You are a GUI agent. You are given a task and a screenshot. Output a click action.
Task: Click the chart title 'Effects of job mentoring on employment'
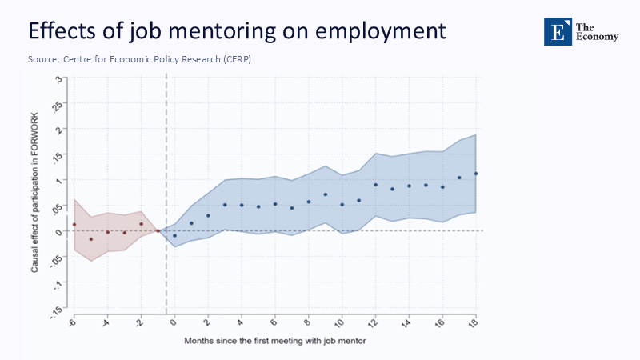pos(236,31)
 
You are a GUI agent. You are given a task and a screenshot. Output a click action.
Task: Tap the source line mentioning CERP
pos(140,60)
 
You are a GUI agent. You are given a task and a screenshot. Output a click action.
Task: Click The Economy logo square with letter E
pos(558,31)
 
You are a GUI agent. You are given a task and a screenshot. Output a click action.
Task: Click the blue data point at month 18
pos(476,174)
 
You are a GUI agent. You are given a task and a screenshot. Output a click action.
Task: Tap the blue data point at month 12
pos(375,185)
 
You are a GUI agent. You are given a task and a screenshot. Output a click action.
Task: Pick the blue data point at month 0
pos(174,236)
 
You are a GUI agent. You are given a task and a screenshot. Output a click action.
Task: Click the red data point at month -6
pos(74,224)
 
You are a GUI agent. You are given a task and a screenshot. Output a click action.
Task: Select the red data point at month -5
pos(91,239)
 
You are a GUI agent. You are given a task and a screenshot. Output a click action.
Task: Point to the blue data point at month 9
pos(326,194)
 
